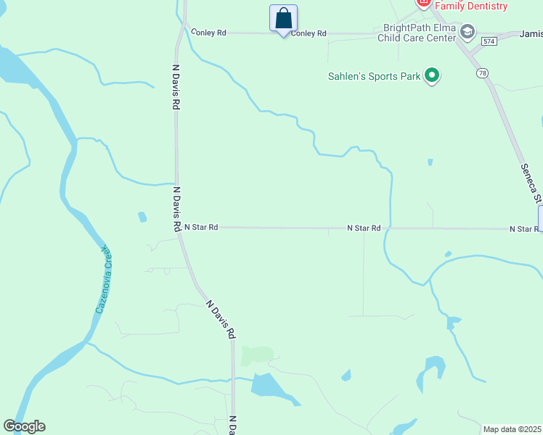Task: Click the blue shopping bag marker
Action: [x=284, y=19]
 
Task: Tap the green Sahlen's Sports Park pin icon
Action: [x=432, y=75]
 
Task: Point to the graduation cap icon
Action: [x=467, y=31]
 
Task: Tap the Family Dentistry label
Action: [x=470, y=6]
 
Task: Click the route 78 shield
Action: [x=482, y=73]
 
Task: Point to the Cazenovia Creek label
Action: [x=105, y=279]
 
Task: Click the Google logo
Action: [x=25, y=426]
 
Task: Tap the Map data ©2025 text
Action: [x=512, y=429]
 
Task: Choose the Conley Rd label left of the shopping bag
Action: [x=208, y=33]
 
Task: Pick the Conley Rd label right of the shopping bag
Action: [x=309, y=33]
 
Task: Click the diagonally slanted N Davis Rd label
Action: [x=221, y=320]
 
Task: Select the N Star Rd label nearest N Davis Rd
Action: [x=201, y=227]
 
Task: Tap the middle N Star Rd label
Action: [x=364, y=228]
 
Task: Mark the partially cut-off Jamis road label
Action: [x=531, y=34]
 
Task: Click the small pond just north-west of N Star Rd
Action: [x=142, y=217]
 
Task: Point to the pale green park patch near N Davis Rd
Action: [x=257, y=355]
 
